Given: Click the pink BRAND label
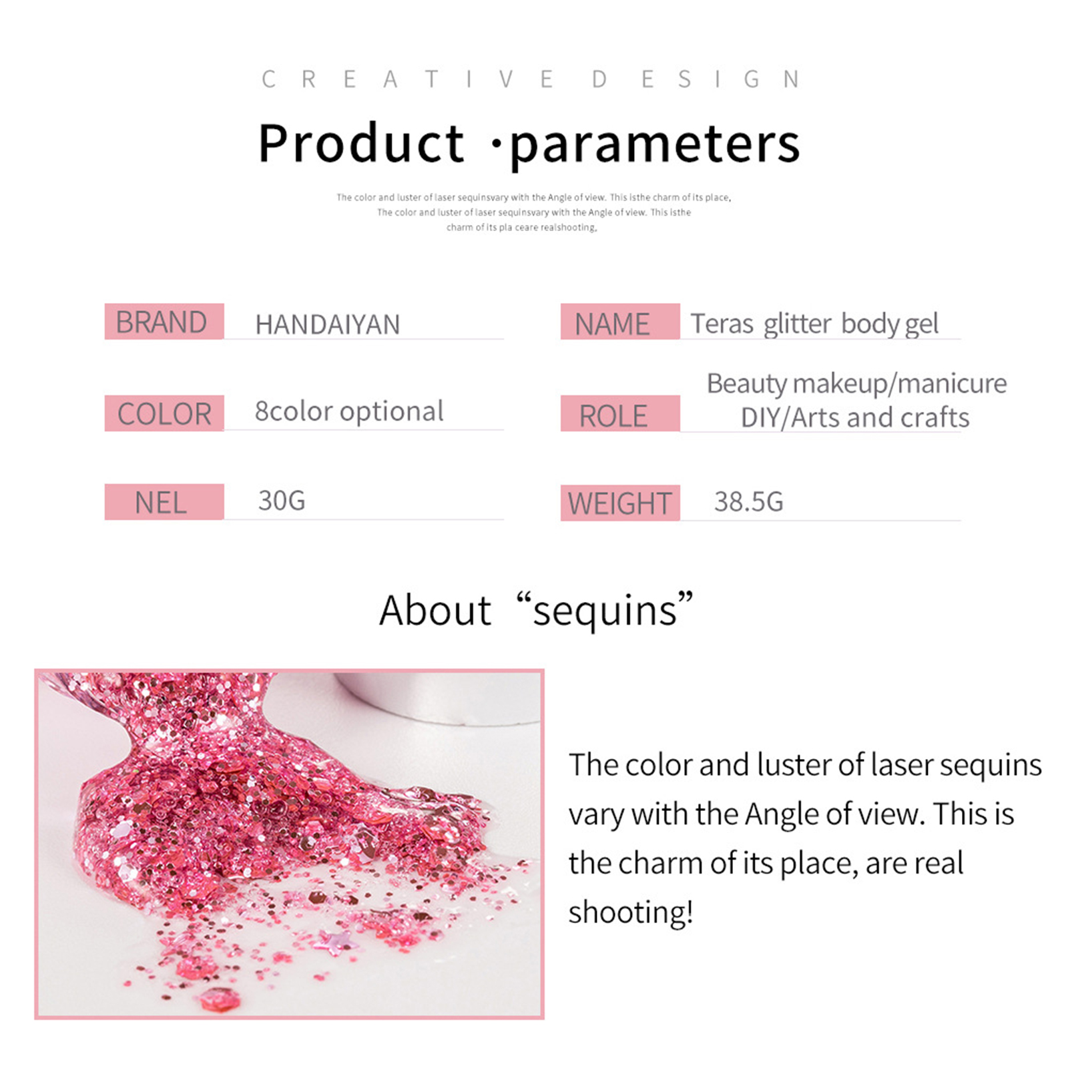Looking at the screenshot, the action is click(x=164, y=321).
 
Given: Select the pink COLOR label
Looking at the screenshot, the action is click(x=164, y=413).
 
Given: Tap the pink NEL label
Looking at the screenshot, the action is click(x=164, y=502).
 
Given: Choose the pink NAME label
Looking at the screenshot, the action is click(x=620, y=321).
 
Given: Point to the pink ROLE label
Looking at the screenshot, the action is click(x=620, y=413).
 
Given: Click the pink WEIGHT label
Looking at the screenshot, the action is click(x=620, y=503).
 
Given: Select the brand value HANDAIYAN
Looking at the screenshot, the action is click(x=328, y=325).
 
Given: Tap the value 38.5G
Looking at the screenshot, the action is click(x=749, y=502).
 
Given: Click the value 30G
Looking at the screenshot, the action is click(x=282, y=501).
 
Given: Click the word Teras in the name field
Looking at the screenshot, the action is click(x=722, y=324).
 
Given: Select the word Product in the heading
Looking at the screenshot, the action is click(x=361, y=143).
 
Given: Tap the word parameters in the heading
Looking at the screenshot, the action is click(x=655, y=146).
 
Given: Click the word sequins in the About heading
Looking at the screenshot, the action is click(x=605, y=611).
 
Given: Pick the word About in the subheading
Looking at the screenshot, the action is click(x=435, y=610).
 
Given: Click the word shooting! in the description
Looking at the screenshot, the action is click(x=631, y=912).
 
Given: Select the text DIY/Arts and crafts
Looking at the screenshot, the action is click(x=855, y=418).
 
